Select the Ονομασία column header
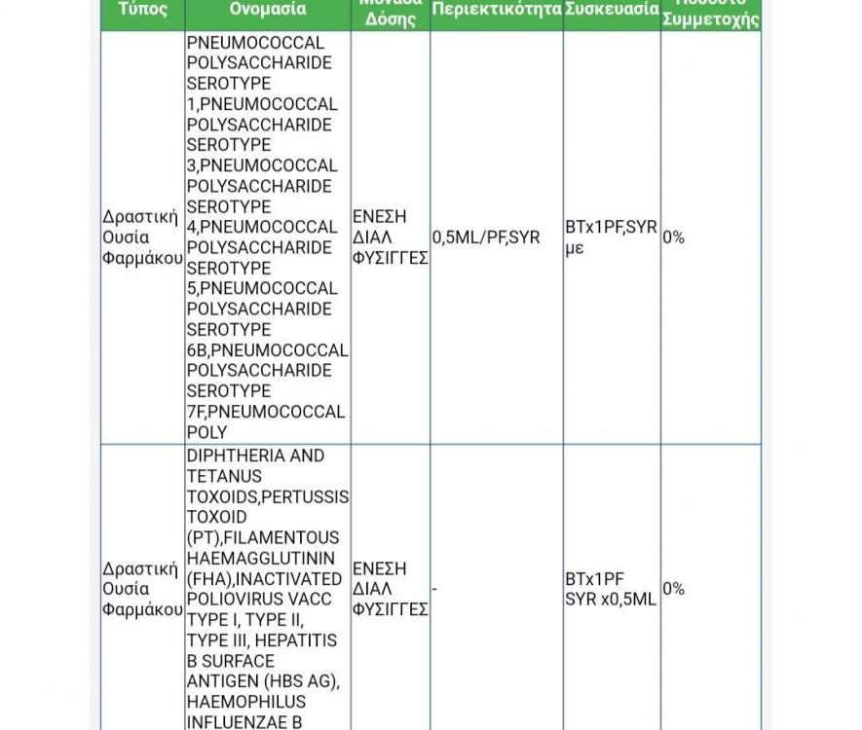click(x=268, y=11)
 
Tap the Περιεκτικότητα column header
click(x=496, y=11)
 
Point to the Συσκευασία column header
click(x=612, y=11)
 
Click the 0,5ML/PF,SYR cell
click(x=486, y=237)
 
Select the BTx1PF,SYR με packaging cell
click(x=611, y=237)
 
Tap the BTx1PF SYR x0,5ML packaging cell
click(x=611, y=589)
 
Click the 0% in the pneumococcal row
click(x=674, y=237)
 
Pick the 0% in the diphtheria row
click(x=674, y=589)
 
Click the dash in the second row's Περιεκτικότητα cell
click(x=434, y=589)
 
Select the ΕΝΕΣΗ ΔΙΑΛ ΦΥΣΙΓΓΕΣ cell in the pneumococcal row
click(x=391, y=237)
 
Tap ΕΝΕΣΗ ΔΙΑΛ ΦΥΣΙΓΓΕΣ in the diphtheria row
click(x=391, y=589)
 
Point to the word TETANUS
click(x=224, y=476)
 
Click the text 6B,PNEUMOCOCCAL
click(x=267, y=350)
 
